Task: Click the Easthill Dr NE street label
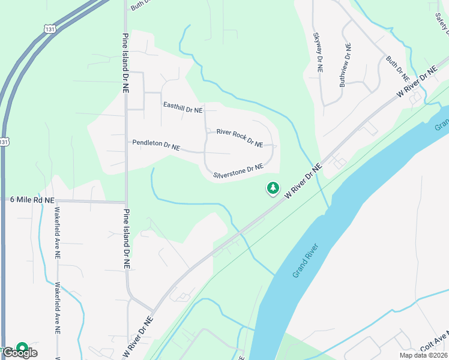pos(183,107)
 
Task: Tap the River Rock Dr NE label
pos(240,138)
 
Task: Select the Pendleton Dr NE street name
pos(157,145)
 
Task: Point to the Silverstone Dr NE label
pos(238,172)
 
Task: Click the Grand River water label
pos(305,265)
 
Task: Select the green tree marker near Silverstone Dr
pos(273,188)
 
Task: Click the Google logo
pos(20,353)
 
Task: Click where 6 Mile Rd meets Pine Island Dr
pos(125,202)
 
